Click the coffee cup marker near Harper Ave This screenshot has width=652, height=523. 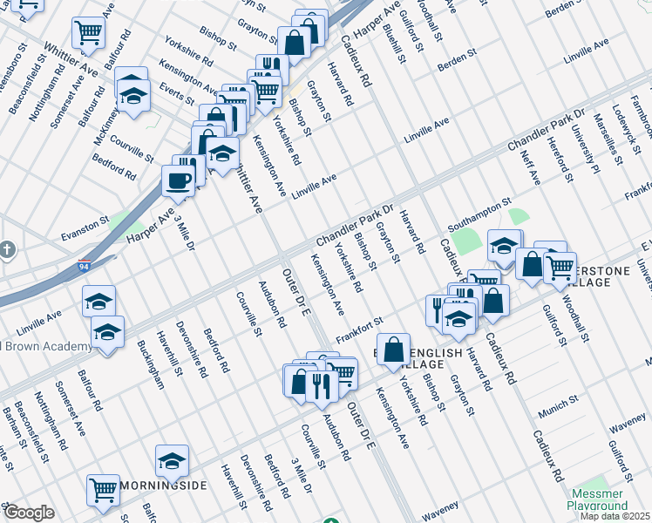pyautogui.click(x=179, y=181)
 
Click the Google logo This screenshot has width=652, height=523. pyautogui.click(x=29, y=513)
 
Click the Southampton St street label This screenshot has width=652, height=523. pyautogui.click(x=478, y=209)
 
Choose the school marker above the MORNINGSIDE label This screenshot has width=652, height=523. pyautogui.click(x=172, y=461)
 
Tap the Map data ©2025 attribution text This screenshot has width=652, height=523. pyautogui.click(x=616, y=516)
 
